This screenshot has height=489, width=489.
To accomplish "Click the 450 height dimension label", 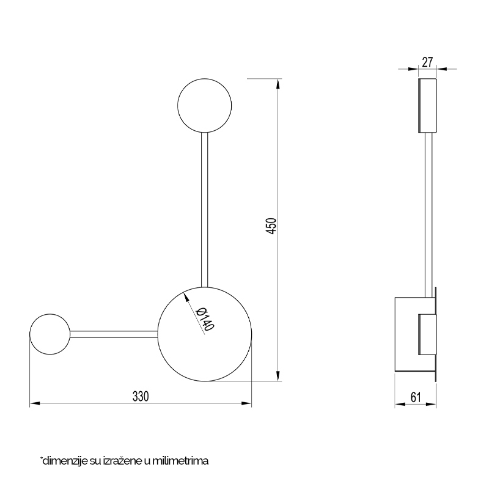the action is click(271, 226).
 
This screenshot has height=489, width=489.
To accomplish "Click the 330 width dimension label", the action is click(141, 396).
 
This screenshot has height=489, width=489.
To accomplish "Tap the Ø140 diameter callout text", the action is click(205, 318).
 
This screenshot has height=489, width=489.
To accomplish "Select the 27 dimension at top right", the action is click(427, 62).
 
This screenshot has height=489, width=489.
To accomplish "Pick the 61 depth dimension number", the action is click(416, 397).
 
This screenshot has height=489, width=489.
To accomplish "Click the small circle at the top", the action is click(205, 106).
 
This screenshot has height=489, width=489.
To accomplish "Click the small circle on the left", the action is click(50, 334).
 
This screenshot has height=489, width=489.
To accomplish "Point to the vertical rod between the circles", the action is click(205, 210).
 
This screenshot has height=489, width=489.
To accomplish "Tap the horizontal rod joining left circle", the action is click(114, 334).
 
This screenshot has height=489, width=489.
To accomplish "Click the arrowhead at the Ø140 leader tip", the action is click(186, 296).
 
